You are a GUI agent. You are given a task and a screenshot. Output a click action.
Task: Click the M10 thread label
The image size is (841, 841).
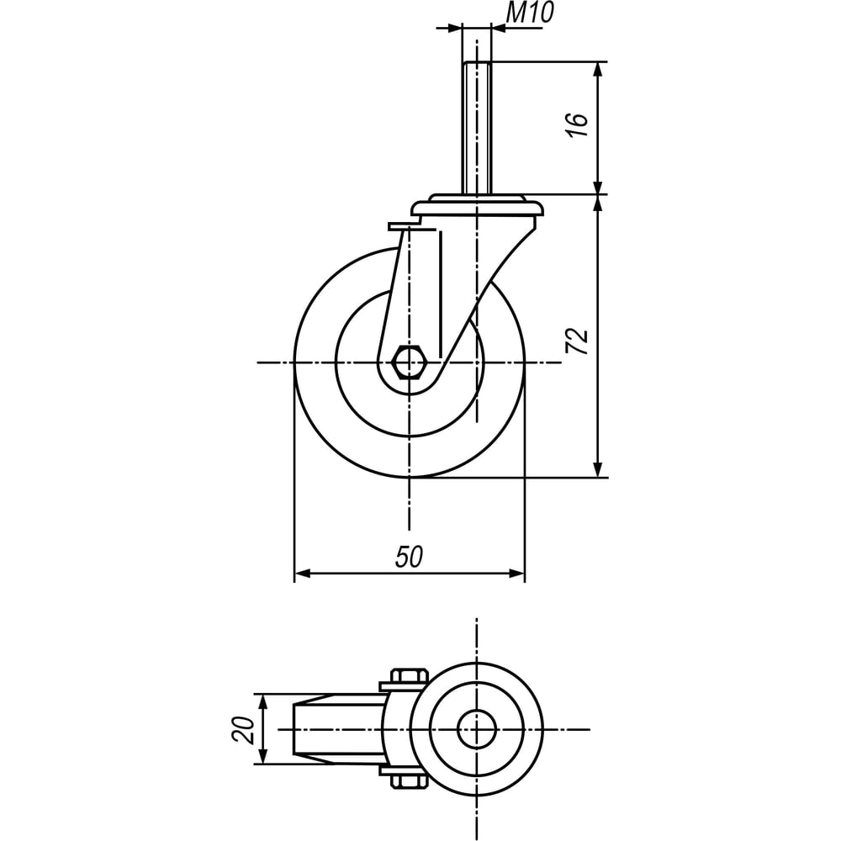[x=529, y=13]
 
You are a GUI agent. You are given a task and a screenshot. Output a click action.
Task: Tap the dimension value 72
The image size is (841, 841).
[x=578, y=341]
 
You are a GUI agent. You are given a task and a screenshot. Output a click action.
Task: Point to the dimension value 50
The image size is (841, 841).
[x=410, y=556]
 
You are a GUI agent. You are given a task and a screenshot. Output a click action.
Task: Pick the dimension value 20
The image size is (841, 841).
[x=243, y=729]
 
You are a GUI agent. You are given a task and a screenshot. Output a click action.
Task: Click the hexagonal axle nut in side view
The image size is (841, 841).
[x=410, y=362]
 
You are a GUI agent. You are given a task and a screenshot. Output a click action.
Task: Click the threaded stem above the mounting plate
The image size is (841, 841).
[x=476, y=128]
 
